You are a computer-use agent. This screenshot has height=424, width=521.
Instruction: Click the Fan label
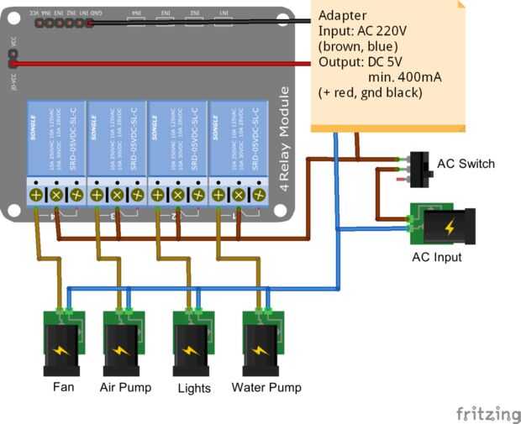pos(64,387)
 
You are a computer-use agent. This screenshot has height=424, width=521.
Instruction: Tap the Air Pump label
pos(124,387)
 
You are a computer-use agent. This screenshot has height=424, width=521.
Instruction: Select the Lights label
pos(194,388)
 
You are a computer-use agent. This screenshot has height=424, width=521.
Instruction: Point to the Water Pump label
pos(266,387)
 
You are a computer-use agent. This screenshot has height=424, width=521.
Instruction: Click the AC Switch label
pos(466,164)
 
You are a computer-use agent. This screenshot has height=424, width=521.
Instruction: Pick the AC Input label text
pos(436,257)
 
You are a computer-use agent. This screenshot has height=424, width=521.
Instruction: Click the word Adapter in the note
pos(342,16)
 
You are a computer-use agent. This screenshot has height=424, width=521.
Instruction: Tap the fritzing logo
pos(487,413)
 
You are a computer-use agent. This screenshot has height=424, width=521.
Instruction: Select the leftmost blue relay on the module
pos(55,139)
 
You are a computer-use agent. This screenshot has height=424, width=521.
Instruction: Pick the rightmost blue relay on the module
pos(238,139)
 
